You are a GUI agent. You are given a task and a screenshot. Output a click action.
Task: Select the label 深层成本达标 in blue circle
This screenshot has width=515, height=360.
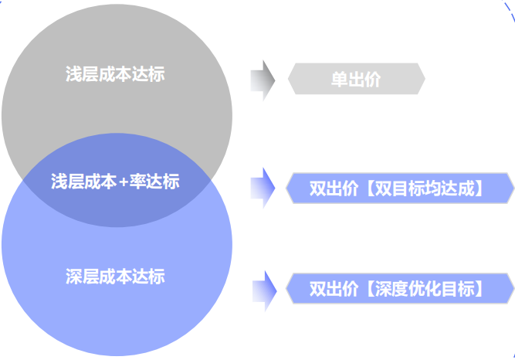click(115, 276)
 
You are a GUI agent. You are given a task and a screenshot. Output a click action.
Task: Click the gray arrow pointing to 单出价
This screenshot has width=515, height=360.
click(263, 79)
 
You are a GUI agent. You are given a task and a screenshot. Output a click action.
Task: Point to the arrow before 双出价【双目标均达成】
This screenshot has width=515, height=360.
click(263, 188)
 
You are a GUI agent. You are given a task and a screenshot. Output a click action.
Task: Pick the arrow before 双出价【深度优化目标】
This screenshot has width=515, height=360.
click(263, 289)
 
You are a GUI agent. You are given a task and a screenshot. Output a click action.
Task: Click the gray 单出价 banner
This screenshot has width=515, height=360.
click(356, 79)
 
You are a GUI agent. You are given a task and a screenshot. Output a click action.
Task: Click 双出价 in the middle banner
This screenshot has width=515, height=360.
click(334, 188)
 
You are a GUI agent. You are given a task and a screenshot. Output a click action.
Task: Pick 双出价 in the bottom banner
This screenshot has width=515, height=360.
click(334, 289)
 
